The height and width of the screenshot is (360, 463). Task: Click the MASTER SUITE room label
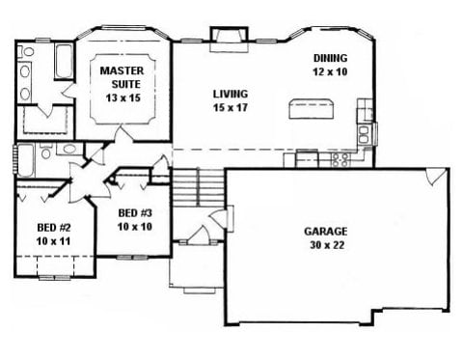click(122, 77)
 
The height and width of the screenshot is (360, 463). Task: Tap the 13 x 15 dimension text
click(123, 97)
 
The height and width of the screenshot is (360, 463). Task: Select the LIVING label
click(231, 94)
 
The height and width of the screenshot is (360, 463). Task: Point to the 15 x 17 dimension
click(231, 107)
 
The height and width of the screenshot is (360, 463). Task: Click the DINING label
click(331, 58)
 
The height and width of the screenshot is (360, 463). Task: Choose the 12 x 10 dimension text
click(330, 71)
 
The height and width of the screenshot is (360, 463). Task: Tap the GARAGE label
click(326, 232)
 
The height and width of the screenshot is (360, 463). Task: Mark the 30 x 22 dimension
click(327, 245)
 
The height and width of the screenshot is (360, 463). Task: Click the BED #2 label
click(54, 228)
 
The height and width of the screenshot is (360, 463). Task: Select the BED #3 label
click(135, 213)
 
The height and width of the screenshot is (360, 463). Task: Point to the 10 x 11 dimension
click(53, 241)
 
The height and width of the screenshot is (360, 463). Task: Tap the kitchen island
click(312, 109)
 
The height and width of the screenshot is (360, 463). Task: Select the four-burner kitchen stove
click(340, 159)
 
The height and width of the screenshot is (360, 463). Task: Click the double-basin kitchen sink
click(364, 134)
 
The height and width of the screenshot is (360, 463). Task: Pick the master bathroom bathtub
click(64, 62)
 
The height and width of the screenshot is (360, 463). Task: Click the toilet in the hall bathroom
click(46, 152)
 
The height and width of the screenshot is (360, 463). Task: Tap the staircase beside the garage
click(199, 187)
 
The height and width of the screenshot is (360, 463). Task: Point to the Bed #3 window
click(131, 257)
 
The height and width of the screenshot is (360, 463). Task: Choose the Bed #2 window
click(55, 278)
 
